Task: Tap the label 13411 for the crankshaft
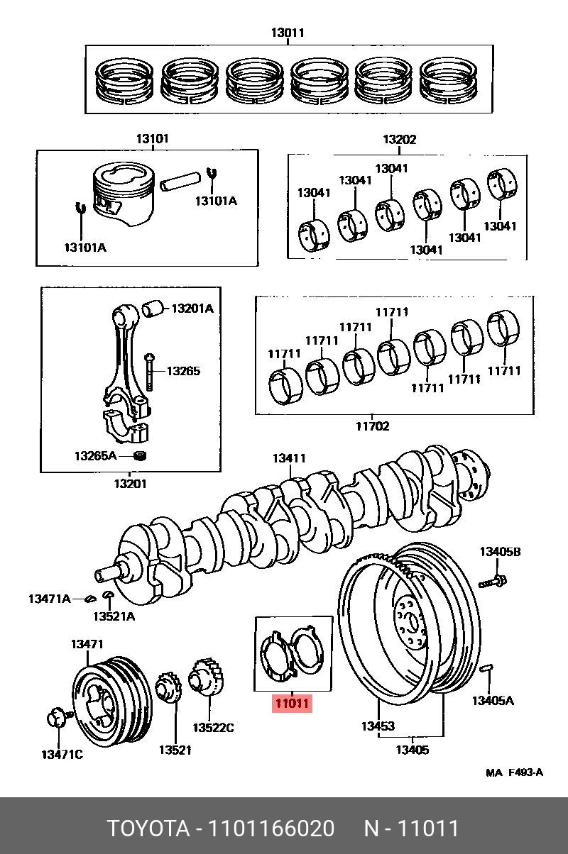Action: click(289, 459)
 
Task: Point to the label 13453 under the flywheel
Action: click(377, 726)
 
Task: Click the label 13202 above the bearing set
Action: click(400, 140)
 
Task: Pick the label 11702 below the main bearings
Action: click(372, 426)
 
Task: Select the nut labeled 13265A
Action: click(140, 455)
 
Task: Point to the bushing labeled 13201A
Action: click(153, 309)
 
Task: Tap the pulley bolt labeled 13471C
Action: click(56, 719)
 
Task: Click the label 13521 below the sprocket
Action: click(175, 750)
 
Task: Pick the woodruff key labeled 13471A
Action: click(90, 599)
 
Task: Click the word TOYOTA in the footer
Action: click(148, 828)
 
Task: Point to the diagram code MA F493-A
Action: click(514, 772)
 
